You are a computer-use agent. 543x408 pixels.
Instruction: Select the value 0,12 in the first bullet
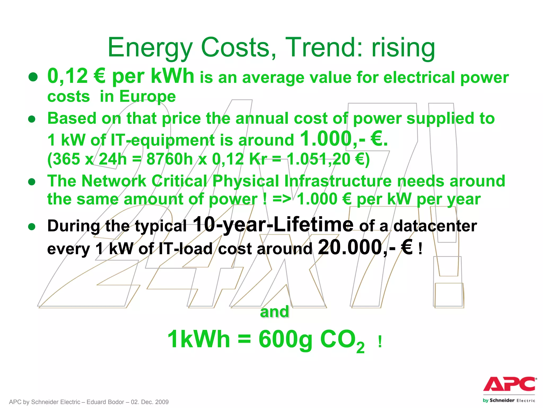(x=68, y=76)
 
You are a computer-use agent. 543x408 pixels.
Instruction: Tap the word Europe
(x=147, y=96)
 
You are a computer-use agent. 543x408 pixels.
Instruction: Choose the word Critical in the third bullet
(x=179, y=181)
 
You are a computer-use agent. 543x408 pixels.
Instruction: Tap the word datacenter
(x=435, y=226)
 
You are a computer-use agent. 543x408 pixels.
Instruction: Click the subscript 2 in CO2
(x=360, y=347)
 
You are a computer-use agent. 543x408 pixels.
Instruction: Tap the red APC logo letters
(x=509, y=384)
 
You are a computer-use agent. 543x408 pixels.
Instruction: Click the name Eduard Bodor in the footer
(x=105, y=402)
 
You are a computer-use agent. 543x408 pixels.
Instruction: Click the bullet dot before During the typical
(x=32, y=227)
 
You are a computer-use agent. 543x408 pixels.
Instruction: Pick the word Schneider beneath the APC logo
(x=502, y=401)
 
